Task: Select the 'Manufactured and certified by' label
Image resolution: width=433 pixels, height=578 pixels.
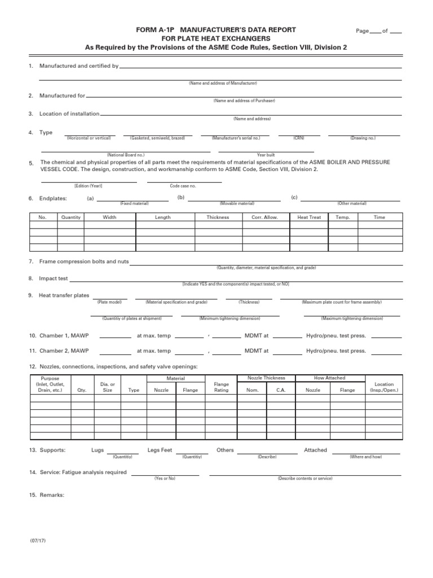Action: click(x=78, y=66)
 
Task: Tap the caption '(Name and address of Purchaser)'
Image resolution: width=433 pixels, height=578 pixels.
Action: click(x=244, y=100)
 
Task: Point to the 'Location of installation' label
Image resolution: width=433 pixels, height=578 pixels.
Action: click(x=69, y=113)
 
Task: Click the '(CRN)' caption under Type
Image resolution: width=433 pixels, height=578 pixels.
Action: click(x=299, y=138)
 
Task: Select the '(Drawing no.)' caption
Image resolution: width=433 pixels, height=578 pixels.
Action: click(x=363, y=138)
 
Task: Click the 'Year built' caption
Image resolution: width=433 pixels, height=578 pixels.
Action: click(x=266, y=155)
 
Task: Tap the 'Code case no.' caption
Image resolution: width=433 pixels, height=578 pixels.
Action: click(x=183, y=186)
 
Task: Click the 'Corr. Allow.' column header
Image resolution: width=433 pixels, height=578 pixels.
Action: click(x=264, y=217)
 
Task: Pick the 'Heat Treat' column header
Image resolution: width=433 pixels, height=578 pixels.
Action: click(x=309, y=217)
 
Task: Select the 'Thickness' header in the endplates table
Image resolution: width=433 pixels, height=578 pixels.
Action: click(x=218, y=217)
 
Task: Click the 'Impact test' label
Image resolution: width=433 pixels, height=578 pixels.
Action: click(x=53, y=278)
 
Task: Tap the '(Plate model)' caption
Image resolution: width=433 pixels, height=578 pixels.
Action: click(x=109, y=302)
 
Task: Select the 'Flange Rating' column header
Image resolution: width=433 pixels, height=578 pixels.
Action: click(x=222, y=387)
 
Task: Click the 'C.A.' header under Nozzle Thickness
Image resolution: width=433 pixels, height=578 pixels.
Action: click(x=281, y=390)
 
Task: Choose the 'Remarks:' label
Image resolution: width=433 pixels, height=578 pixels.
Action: click(x=51, y=495)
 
